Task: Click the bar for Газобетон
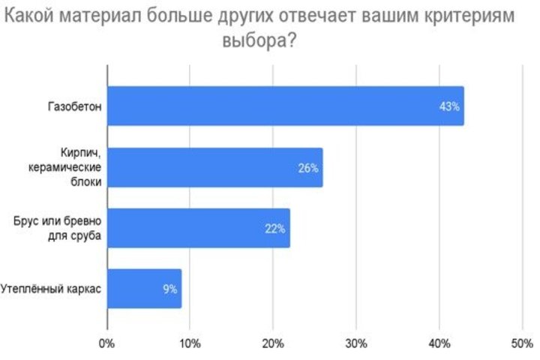(x=285, y=106)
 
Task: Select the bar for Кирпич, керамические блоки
(x=214, y=167)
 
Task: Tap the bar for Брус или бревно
(x=198, y=228)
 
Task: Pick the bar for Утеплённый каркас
(x=144, y=289)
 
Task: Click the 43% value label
(x=449, y=106)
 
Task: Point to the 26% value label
(x=308, y=168)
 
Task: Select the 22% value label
(x=275, y=229)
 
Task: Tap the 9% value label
(x=169, y=289)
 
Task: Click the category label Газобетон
(x=73, y=106)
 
